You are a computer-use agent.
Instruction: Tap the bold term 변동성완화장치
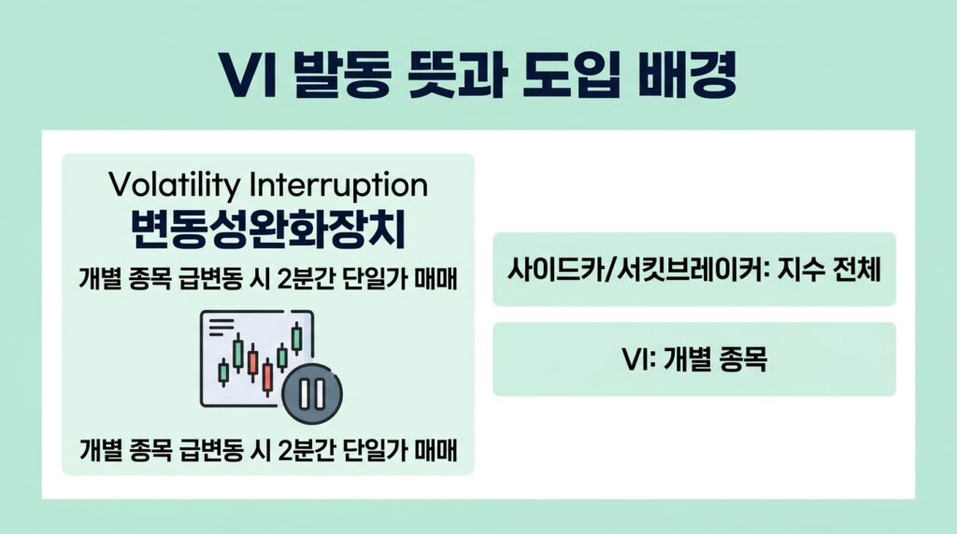268,232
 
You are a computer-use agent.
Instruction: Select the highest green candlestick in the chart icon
296,337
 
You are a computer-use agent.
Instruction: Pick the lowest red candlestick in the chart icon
267,376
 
